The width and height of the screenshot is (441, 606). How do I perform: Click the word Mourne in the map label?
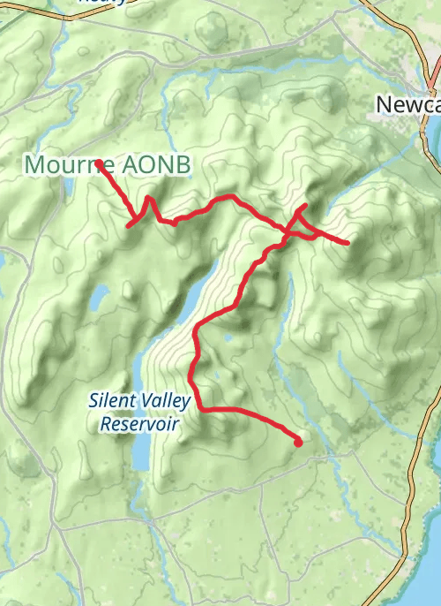pos(62,165)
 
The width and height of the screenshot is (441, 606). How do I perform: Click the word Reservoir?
pos(139,424)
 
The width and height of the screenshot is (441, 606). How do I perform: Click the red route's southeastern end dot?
pos(298,442)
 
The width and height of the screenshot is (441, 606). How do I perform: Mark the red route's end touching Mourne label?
pos(99,163)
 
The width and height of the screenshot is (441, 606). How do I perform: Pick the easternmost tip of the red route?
pos(348,242)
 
